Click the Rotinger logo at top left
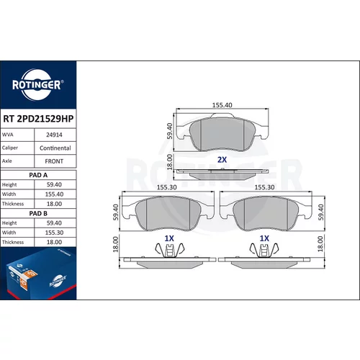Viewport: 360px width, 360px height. coord(37,84)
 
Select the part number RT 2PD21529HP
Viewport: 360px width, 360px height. coord(38,119)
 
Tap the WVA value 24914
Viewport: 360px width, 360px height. coord(54,135)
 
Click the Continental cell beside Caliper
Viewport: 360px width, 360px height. coord(55,148)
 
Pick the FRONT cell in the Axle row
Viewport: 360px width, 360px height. coord(54,161)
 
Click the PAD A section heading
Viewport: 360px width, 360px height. coord(38,175)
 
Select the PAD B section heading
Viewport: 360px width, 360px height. coord(38,213)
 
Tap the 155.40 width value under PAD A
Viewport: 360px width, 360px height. coord(54,194)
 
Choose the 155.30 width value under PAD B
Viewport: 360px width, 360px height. coord(54,233)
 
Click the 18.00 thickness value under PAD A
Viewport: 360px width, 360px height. coord(54,204)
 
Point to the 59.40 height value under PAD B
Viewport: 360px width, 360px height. coord(54,223)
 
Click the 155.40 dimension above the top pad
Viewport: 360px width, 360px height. coord(222,105)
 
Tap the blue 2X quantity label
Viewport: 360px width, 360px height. coord(222,160)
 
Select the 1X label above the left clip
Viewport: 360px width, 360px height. coord(169,238)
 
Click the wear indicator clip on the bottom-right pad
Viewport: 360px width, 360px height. coord(264,251)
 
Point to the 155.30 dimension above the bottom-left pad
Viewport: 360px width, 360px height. coord(167,187)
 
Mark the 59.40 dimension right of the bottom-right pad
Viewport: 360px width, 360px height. coord(321,212)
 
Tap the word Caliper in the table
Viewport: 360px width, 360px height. coord(10,148)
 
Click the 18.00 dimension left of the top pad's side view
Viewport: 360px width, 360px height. coord(169,162)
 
